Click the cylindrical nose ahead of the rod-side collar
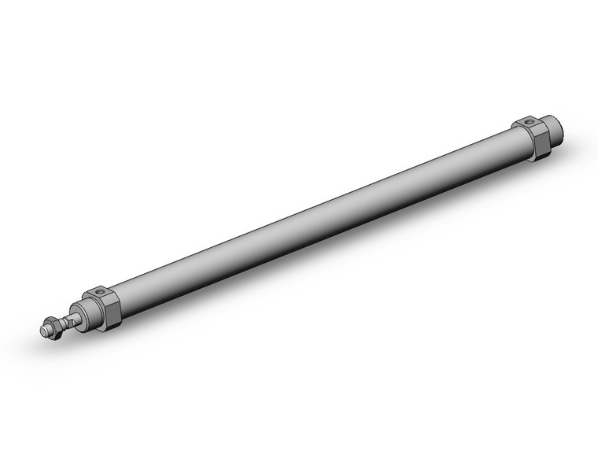(x=85, y=313)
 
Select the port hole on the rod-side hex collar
(x=100, y=293)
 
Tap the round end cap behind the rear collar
(x=554, y=135)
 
